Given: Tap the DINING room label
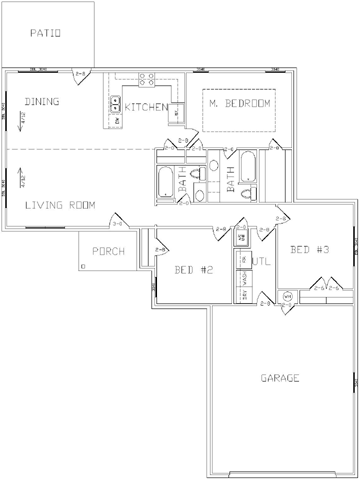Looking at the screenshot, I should coord(42,101).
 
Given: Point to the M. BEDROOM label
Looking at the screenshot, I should coord(239,103).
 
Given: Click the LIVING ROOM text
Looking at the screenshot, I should coord(60,205).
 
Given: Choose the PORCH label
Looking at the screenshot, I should coord(108,251).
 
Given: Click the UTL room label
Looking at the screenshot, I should coord(262,261).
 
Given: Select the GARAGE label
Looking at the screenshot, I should coord(282,378).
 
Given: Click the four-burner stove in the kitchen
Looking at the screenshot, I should coord(146,81).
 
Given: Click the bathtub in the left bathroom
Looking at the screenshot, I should coord(165,184).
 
